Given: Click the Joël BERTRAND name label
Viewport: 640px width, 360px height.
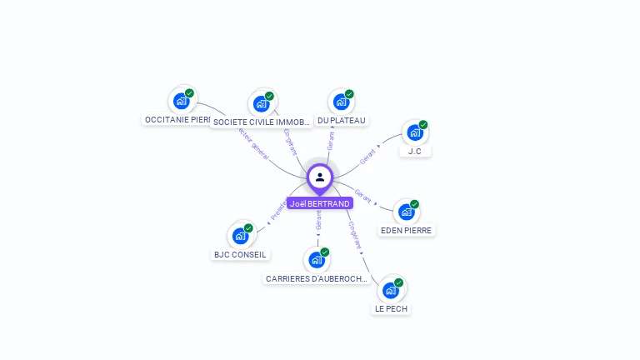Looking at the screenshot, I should coord(320,203).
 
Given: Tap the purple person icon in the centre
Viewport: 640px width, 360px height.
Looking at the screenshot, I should coord(320,177).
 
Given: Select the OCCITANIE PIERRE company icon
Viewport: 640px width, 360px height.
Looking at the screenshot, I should coord(182,102).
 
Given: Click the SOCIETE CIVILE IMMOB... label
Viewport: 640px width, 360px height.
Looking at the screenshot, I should coord(262,122).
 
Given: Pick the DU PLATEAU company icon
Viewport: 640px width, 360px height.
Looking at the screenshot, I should coord(341,102).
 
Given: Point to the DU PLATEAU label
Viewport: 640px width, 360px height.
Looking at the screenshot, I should coord(342,121).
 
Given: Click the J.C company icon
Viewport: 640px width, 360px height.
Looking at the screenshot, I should coord(414,132).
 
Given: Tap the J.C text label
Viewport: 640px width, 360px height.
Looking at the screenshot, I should coord(414,152).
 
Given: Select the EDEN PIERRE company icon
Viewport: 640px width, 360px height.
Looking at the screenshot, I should coord(407,212).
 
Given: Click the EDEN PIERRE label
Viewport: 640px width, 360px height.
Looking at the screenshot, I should coord(407,230).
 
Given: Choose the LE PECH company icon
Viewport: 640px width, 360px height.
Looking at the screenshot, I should coord(391,290).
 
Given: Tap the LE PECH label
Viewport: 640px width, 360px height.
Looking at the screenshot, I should coord(391,308).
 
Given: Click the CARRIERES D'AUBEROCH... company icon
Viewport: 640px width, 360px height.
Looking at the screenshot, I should coord(317,260).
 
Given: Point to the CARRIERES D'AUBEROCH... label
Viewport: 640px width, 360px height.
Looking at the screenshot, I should coord(317,278).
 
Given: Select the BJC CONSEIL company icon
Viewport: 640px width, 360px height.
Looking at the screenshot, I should coord(240,236).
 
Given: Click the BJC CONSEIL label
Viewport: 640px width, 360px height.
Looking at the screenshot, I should coord(240,254).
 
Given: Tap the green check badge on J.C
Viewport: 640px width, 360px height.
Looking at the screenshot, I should coord(423,125).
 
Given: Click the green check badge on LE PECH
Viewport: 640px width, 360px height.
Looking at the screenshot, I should coord(399,282).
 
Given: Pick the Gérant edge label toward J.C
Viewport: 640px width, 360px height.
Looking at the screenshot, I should coord(367,155).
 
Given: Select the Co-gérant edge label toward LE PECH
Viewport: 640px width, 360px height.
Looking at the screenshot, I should coord(354,235).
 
